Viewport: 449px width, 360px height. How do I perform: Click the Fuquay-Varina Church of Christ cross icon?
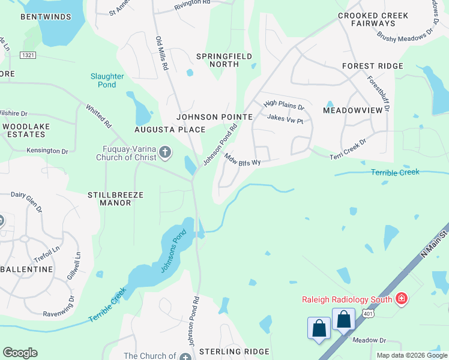click(164, 154)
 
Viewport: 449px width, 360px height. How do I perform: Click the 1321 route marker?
click(27, 55)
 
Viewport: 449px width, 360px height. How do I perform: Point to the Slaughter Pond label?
click(107, 80)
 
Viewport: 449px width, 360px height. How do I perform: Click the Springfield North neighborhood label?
click(224, 61)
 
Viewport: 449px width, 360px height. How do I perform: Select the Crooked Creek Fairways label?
click(373, 19)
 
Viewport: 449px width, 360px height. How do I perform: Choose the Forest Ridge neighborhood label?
click(372, 66)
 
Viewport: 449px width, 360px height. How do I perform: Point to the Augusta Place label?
click(169, 130)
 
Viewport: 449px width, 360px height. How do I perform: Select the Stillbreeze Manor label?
click(109, 199)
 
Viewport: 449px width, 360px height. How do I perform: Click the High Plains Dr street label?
click(284, 107)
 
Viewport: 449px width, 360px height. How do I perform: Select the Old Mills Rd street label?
click(161, 53)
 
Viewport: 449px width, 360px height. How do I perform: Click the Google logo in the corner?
click(20, 353)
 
